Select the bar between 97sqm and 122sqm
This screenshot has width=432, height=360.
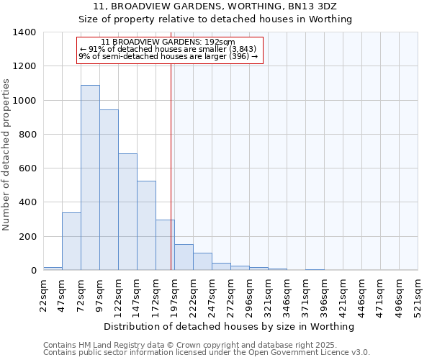click(109, 190)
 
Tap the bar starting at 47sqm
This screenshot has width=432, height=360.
click(71, 241)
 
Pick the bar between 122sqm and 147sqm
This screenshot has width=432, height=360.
click(127, 212)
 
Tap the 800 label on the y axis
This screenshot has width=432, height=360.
click(27, 135)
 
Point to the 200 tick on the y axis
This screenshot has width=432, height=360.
click(27, 237)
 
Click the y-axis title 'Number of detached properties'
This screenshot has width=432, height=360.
click(7, 151)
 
